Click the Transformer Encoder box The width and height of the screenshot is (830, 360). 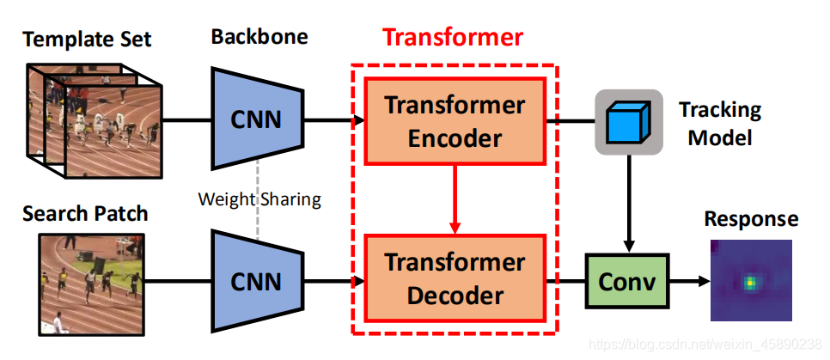(x=455, y=120)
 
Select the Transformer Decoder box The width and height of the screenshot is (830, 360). (x=455, y=278)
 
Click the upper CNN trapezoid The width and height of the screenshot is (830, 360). (x=256, y=119)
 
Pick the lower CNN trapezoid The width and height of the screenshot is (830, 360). (x=256, y=280)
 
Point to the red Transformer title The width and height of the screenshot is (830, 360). (x=453, y=38)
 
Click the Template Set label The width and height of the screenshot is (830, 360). (x=87, y=39)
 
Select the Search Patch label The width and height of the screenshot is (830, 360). (x=86, y=211)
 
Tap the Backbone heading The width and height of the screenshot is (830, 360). (x=259, y=37)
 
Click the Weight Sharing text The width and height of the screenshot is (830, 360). (x=259, y=199)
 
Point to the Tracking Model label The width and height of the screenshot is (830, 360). (x=720, y=124)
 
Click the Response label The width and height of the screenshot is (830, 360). (x=751, y=218)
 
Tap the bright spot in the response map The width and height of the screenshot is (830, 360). (x=751, y=281)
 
